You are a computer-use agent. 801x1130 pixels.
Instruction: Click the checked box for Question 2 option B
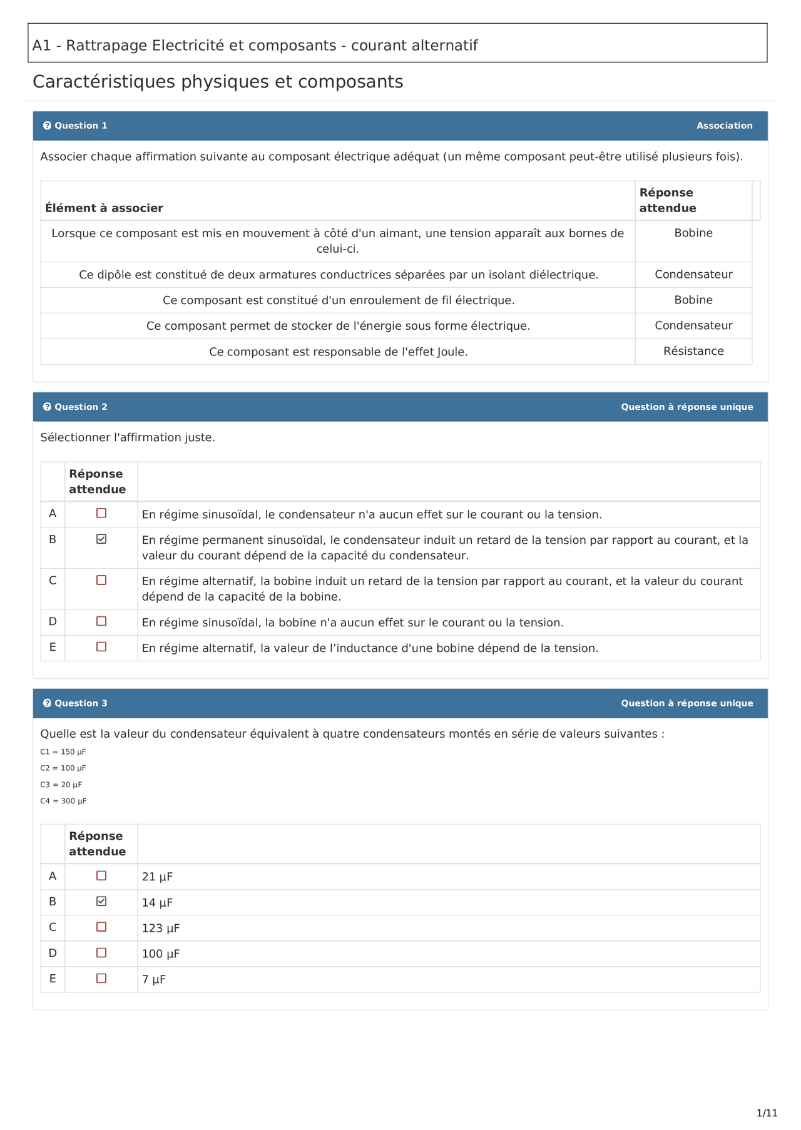pyautogui.click(x=101, y=539)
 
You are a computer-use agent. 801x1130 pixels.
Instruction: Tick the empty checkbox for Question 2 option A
pyautogui.click(x=101, y=513)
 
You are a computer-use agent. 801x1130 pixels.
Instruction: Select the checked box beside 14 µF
pyautogui.click(x=101, y=901)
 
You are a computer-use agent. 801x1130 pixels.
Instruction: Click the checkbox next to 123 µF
pyautogui.click(x=101, y=927)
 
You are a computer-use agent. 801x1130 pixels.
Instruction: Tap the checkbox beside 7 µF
pyautogui.click(x=101, y=978)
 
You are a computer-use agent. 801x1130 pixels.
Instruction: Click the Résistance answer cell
pyautogui.click(x=693, y=351)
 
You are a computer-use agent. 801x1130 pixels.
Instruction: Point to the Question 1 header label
pyautogui.click(x=81, y=126)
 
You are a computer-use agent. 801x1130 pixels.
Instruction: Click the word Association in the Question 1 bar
pyautogui.click(x=725, y=126)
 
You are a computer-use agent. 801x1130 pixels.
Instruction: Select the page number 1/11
pyautogui.click(x=767, y=1113)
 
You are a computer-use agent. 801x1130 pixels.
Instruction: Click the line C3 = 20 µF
pyautogui.click(x=61, y=785)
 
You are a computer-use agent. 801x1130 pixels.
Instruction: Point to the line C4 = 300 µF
pyautogui.click(x=63, y=801)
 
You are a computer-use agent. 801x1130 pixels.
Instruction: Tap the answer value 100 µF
pyautogui.click(x=161, y=954)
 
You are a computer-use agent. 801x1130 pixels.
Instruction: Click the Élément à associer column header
pyautogui.click(x=104, y=208)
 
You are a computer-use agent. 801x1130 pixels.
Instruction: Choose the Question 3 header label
pyautogui.click(x=81, y=703)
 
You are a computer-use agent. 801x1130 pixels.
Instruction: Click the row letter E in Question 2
pyautogui.click(x=53, y=647)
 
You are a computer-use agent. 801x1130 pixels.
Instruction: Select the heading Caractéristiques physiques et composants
pyautogui.click(x=218, y=82)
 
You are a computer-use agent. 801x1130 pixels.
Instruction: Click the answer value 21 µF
pyautogui.click(x=157, y=877)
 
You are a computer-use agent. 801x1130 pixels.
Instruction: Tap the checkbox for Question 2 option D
pyautogui.click(x=101, y=621)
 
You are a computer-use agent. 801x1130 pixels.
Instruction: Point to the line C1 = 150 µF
pyautogui.click(x=63, y=751)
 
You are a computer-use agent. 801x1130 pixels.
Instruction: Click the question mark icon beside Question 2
pyautogui.click(x=47, y=407)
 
